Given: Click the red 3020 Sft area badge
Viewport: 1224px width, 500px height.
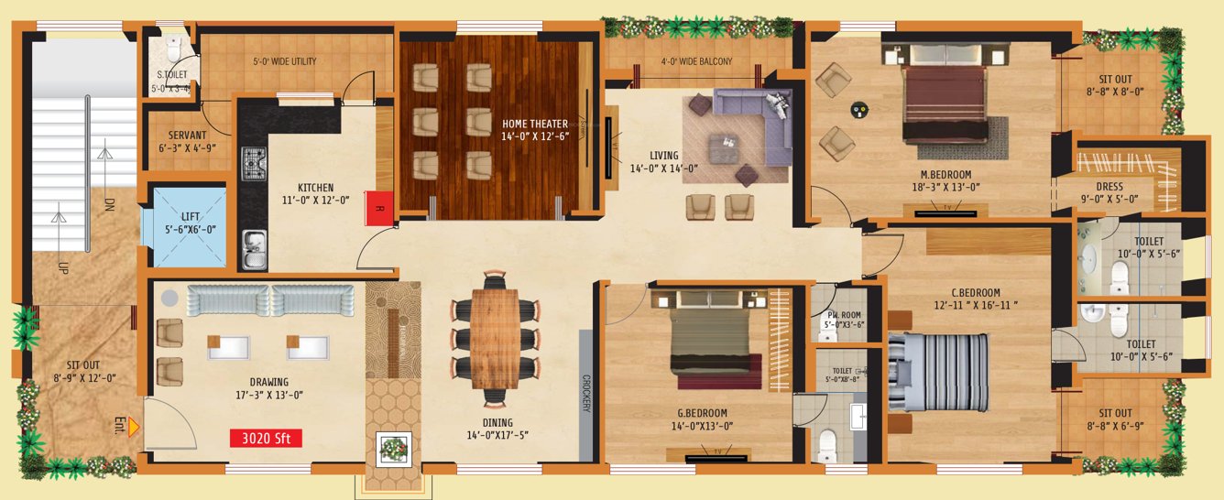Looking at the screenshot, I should (x=266, y=438).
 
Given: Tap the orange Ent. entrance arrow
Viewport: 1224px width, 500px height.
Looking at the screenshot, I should (x=133, y=426).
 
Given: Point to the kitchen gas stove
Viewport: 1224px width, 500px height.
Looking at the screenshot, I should (x=254, y=165).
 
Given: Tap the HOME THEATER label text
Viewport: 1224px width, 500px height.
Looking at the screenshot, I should (x=535, y=124).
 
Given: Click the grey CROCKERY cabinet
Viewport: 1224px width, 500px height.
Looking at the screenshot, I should (x=584, y=395).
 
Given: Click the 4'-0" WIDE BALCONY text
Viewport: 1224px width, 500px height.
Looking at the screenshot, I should (x=696, y=62).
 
